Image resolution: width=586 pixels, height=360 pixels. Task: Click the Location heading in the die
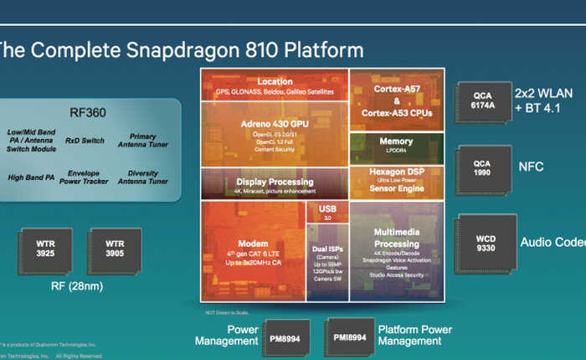[x=275, y=82]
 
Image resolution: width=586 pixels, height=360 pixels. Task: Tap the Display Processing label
[x=275, y=181]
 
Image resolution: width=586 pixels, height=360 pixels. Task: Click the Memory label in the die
[x=396, y=141]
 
